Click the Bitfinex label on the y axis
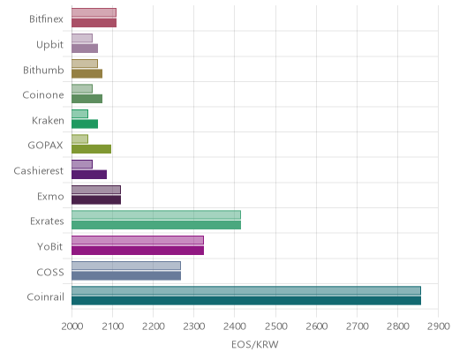(46, 19)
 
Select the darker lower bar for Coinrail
(246, 301)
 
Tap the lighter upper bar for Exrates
(156, 215)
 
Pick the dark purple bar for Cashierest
(89, 175)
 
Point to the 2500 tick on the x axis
(275, 326)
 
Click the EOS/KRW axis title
(255, 344)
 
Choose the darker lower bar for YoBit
(138, 251)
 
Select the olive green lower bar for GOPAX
(91, 149)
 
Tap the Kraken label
(48, 120)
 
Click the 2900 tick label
(438, 326)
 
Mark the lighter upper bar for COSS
(126, 266)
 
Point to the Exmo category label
(50, 196)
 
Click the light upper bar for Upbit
(82, 38)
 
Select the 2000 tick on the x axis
(72, 326)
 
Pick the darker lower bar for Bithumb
(87, 73)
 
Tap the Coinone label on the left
(43, 95)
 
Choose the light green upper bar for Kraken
(79, 114)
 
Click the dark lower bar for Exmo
(96, 200)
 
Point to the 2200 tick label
(153, 326)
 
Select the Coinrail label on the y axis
(45, 297)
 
